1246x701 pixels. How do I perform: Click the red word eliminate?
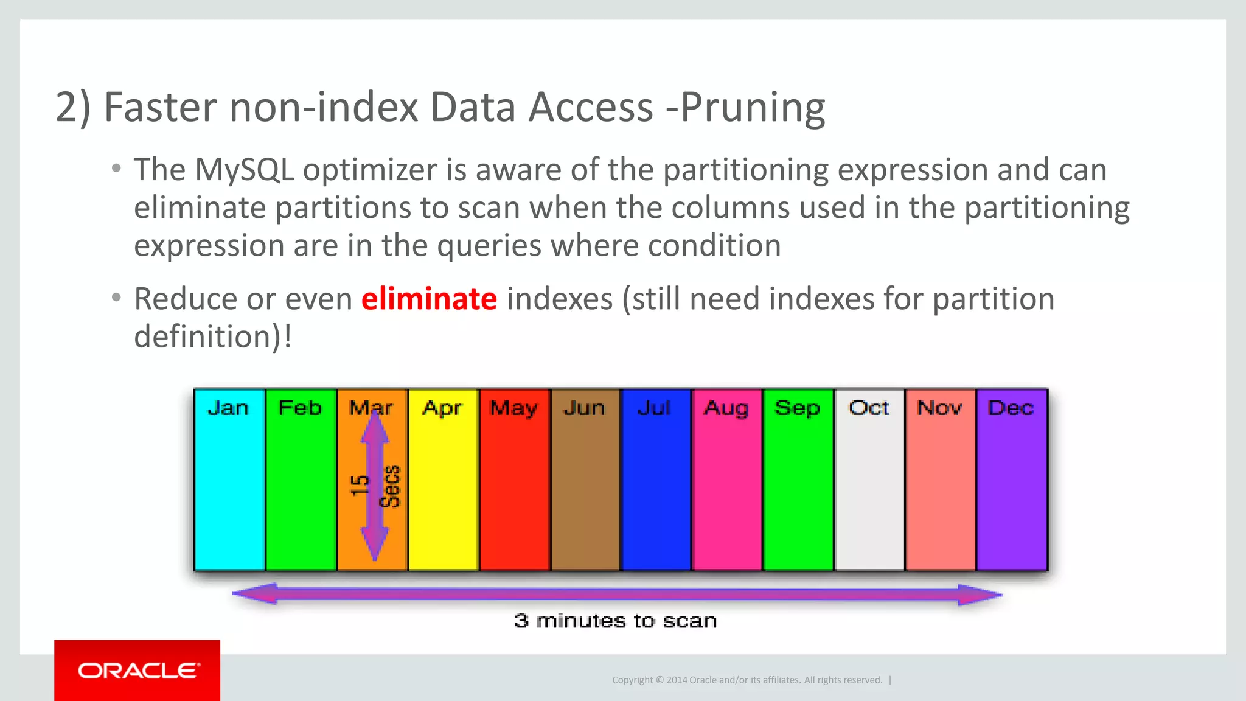429,299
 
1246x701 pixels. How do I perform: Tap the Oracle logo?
138,671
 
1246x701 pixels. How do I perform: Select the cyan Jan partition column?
229,487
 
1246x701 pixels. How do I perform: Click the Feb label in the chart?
299,408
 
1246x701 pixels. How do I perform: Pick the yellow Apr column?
443,487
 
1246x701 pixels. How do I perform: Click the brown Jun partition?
585,487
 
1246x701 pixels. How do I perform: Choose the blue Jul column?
656,487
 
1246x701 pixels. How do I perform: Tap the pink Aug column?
727,487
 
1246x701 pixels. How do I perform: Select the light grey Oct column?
869,487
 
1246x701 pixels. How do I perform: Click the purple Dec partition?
1012,487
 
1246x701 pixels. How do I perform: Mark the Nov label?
940,408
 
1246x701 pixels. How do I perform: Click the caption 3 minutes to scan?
615,621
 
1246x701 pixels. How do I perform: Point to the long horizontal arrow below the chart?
617,594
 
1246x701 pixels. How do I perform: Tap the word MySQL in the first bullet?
244,170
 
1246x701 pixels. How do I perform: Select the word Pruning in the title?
753,108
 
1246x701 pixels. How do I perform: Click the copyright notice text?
747,680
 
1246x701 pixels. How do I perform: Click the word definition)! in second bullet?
212,337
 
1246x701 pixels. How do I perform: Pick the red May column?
514,487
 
